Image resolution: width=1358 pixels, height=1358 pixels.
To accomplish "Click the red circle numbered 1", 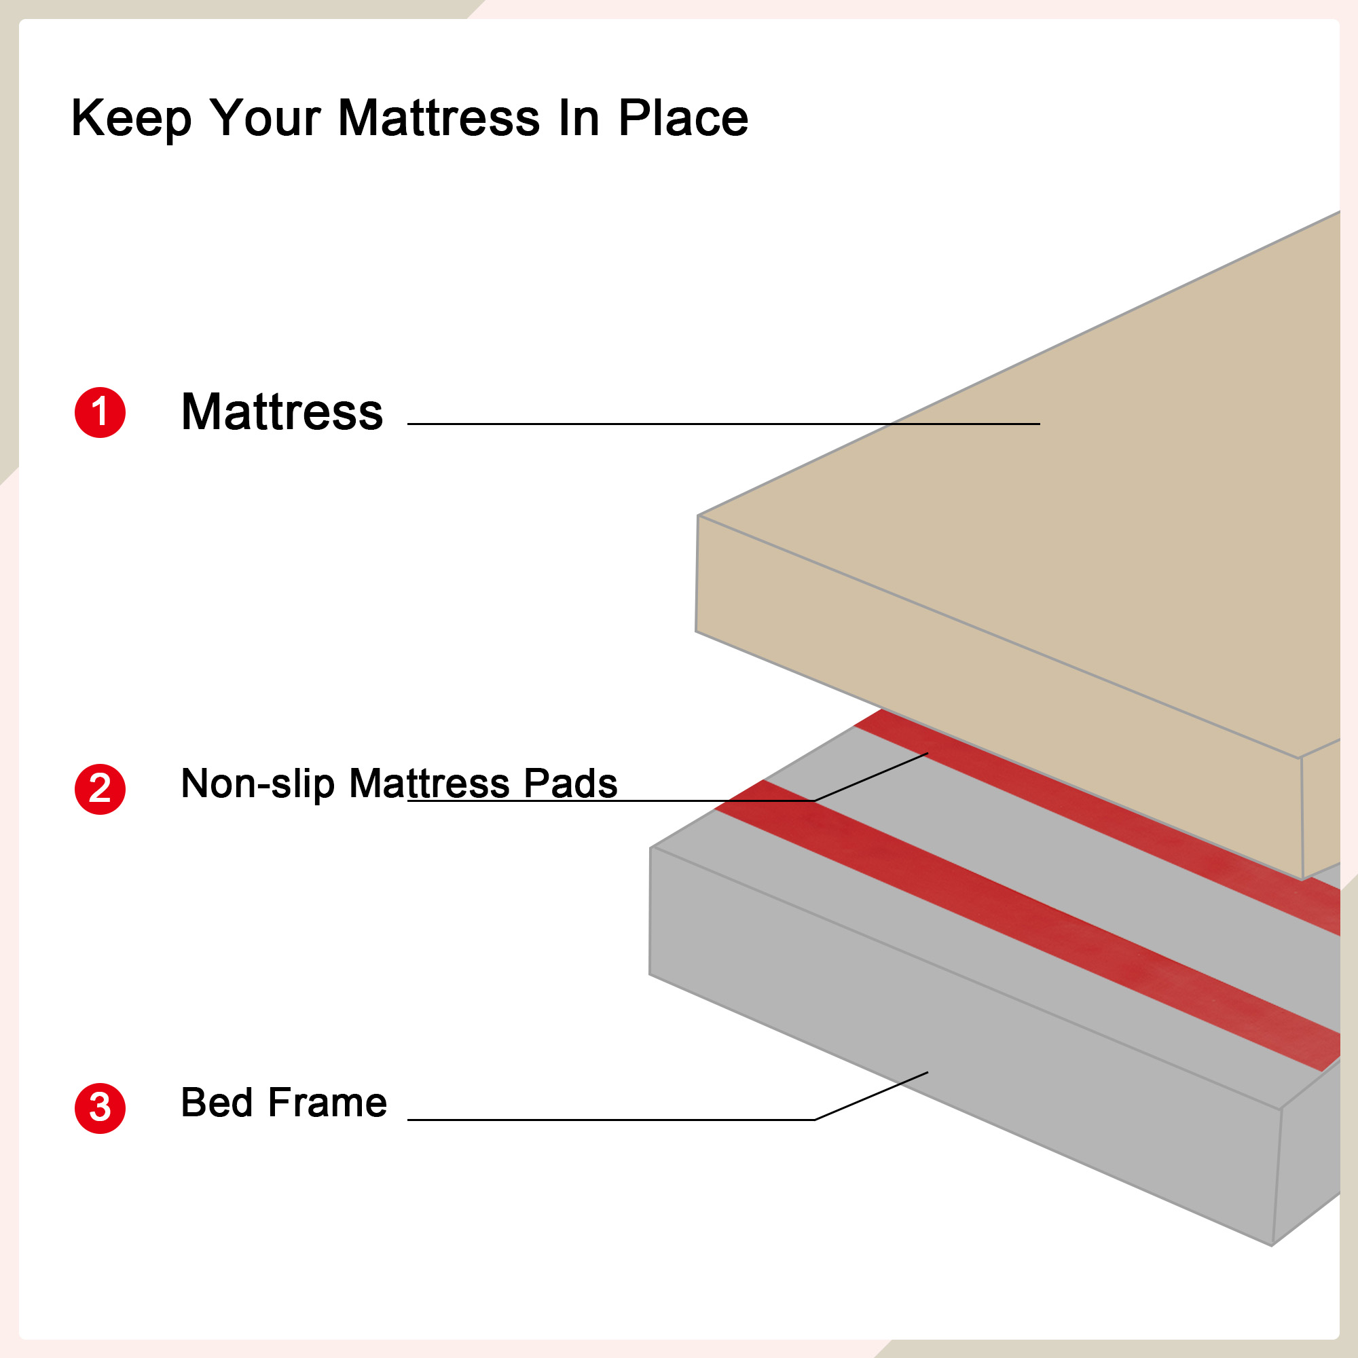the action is pyautogui.click(x=100, y=413).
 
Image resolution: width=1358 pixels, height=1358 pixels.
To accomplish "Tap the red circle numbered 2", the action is pyautogui.click(x=100, y=790).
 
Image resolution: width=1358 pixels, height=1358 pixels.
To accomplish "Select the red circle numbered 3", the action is pyautogui.click(x=100, y=1109).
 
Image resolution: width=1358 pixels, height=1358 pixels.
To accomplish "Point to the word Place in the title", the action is pyautogui.click(x=683, y=117).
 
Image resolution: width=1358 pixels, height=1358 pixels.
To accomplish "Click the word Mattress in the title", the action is pyautogui.click(x=439, y=117).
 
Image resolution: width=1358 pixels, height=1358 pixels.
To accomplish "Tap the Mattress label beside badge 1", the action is pyautogui.click(x=282, y=412).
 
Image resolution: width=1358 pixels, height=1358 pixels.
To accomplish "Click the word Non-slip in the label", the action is pyautogui.click(x=258, y=784).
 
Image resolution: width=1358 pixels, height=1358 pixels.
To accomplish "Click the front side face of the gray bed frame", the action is pyautogui.click(x=963, y=1047).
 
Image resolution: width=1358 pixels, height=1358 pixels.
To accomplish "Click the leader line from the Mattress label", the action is pyautogui.click(x=723, y=424).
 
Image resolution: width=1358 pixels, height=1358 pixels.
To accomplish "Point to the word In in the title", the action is pyautogui.click(x=579, y=117).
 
